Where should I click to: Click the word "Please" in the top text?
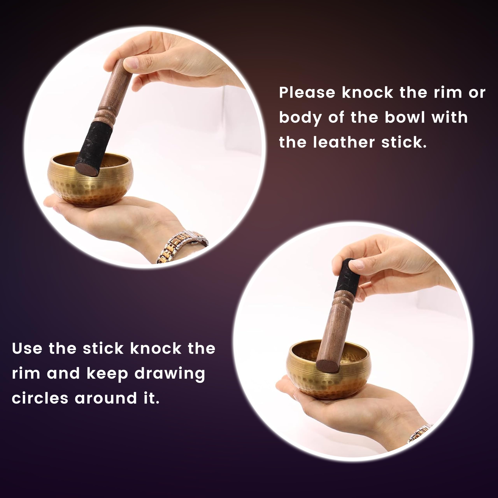pos(307,93)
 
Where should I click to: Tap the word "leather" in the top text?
pos(344,143)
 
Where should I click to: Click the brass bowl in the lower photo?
pos(329,369)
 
